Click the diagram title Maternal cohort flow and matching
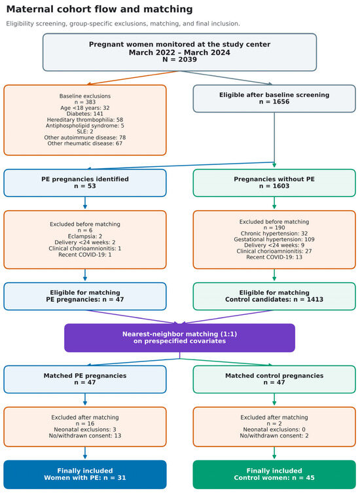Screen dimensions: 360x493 pyautogui.click(x=99, y=9)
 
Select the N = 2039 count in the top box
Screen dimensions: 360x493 pyautogui.click(x=179, y=60)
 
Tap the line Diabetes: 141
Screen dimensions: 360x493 pyautogui.click(x=85, y=114)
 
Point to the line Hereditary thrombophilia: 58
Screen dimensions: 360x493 pyautogui.click(x=85, y=120)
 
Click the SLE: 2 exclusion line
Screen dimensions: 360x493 pyautogui.click(x=85, y=132)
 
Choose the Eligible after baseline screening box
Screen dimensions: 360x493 pyautogui.click(x=274, y=98)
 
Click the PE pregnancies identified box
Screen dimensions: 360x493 pyautogui.click(x=85, y=183)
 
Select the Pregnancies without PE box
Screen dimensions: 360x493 pyautogui.click(x=274, y=183)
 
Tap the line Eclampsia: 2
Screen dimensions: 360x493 pyautogui.click(x=85, y=236)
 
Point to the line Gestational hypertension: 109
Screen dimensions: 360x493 pyautogui.click(x=274, y=240)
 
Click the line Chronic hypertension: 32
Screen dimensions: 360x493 pyautogui.click(x=274, y=234)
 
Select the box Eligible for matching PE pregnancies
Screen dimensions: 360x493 pyautogui.click(x=85, y=296)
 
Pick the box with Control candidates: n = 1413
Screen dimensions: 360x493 pyautogui.click(x=274, y=296)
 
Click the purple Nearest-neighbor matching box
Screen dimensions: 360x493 pyautogui.click(x=179, y=338)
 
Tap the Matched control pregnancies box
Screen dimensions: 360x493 pyautogui.click(x=274, y=379)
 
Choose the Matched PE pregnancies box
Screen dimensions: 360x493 pyautogui.click(x=85, y=379)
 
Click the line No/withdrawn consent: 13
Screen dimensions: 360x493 pyautogui.click(x=85, y=436)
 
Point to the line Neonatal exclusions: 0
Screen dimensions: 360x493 pyautogui.click(x=274, y=429)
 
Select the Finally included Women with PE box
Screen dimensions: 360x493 pyautogui.click(x=85, y=475)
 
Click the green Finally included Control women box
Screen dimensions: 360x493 pyautogui.click(x=274, y=475)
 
